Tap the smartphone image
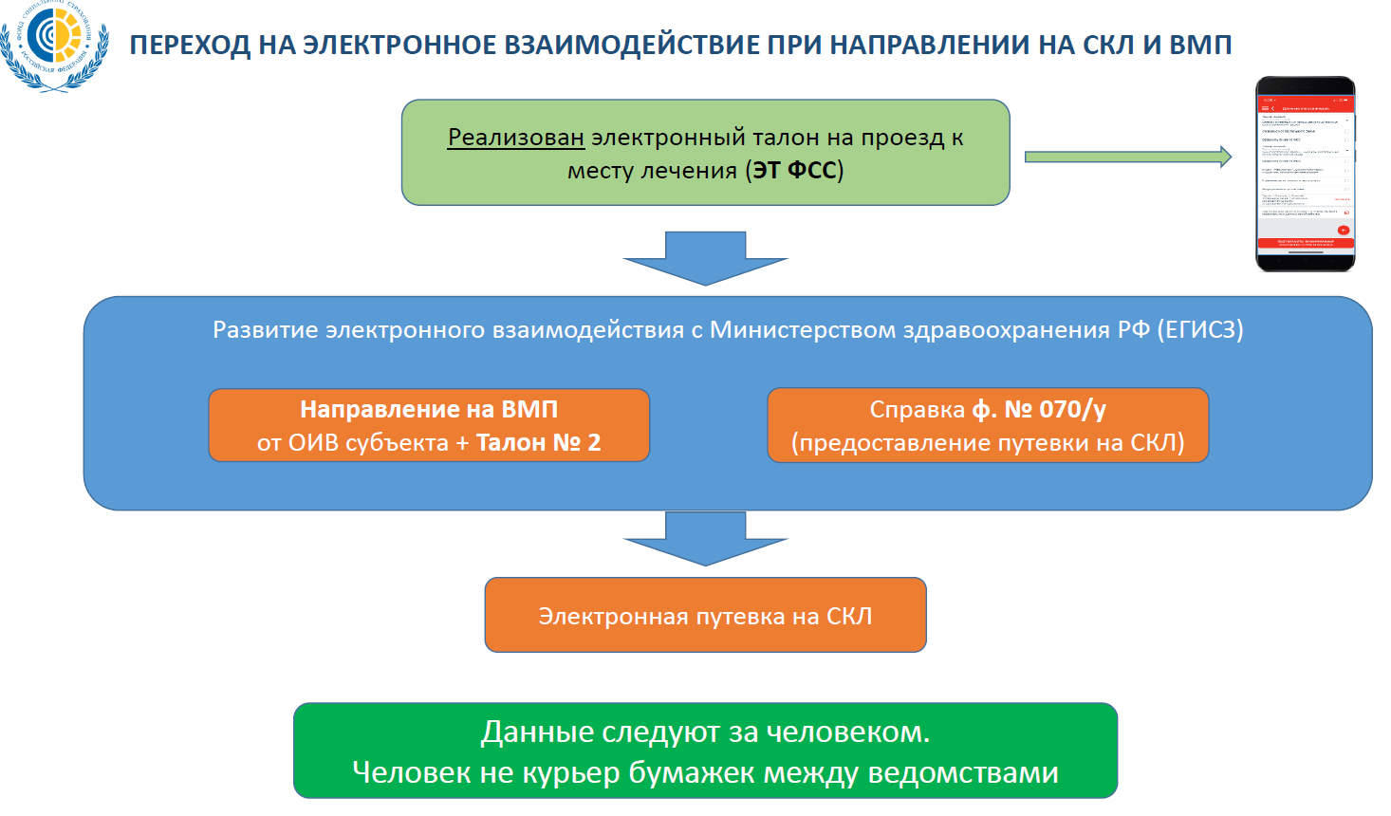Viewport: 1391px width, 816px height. pyautogui.click(x=1306, y=174)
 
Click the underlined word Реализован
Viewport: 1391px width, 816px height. pyautogui.click(x=515, y=138)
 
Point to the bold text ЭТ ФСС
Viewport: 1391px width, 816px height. pyautogui.click(x=794, y=171)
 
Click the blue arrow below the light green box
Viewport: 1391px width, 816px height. pyautogui.click(x=705, y=258)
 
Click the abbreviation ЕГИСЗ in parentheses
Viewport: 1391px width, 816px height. pyautogui.click(x=1200, y=330)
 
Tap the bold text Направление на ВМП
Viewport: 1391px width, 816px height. pyautogui.click(x=429, y=409)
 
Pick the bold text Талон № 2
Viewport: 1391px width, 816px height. pyautogui.click(x=538, y=443)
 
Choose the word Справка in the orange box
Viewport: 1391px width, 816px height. pyautogui.click(x=917, y=409)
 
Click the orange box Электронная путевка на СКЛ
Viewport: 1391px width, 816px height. pyautogui.click(x=705, y=616)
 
